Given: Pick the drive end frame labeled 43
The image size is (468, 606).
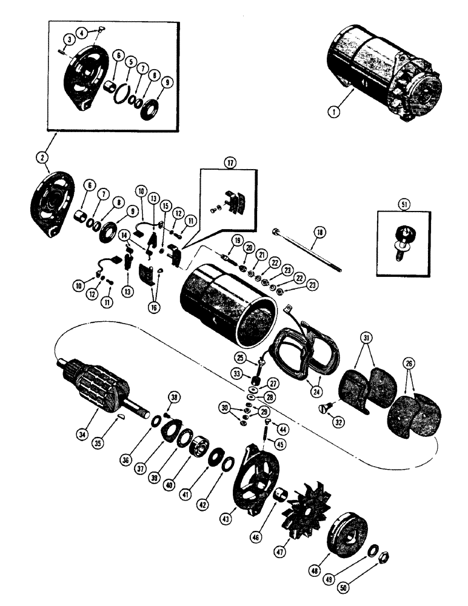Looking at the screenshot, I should (258, 473).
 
